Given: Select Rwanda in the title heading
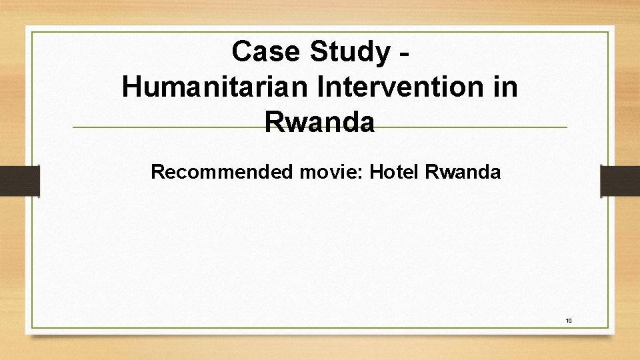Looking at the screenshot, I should [319, 122].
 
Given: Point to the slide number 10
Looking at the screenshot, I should [569, 321].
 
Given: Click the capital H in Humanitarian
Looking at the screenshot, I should [132, 87].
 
